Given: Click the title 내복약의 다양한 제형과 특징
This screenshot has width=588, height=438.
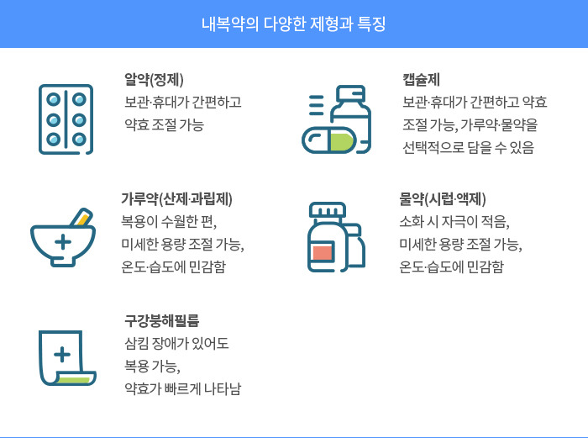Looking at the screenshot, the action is (293, 24).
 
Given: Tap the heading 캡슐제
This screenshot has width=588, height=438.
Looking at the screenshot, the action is (422, 81).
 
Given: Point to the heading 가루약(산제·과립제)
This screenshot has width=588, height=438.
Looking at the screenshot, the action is (176, 199).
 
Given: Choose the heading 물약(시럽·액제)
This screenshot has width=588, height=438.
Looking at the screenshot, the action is (443, 199).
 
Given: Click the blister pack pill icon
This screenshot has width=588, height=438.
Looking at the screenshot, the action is (66, 119).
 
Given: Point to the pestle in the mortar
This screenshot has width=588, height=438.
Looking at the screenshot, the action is (82, 216).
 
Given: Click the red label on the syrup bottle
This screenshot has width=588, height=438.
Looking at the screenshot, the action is (323, 252).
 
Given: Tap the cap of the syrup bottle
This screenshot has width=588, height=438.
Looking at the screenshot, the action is (327, 210).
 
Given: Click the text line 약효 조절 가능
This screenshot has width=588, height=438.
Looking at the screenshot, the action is (164, 124).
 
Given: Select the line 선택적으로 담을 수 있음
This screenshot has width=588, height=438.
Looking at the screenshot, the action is (468, 147).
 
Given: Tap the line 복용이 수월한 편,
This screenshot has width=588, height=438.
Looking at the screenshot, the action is (168, 222).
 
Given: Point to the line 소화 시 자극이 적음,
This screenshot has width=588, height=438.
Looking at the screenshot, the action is (454, 222).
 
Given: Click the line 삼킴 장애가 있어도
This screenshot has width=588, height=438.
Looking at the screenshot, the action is (176, 343).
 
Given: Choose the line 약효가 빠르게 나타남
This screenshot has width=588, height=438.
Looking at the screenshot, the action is (181, 388).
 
